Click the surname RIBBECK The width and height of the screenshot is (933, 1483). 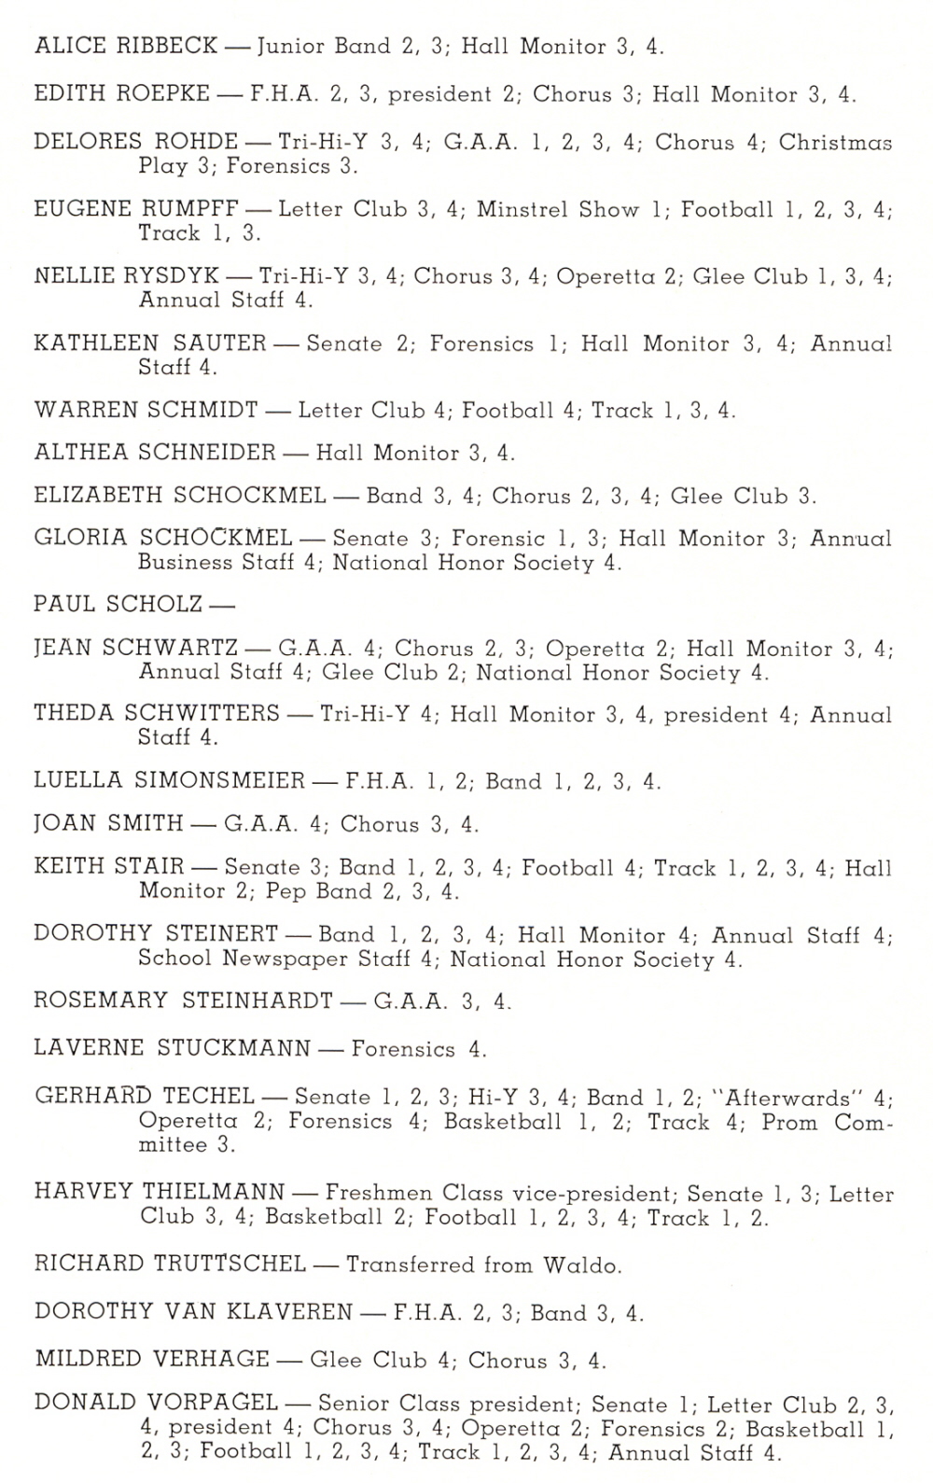coord(165,46)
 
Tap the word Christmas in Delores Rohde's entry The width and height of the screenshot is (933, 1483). coord(835,143)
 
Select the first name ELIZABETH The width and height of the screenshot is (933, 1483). coord(97,496)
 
